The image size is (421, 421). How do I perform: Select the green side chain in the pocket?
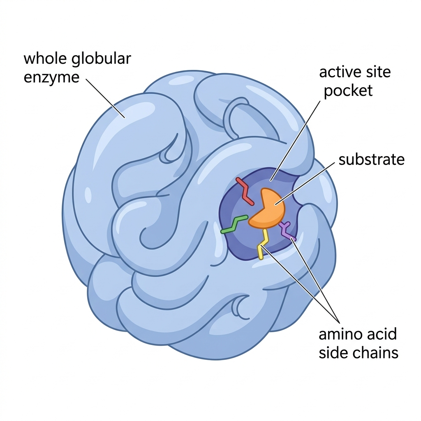pyautogui.click(x=234, y=224)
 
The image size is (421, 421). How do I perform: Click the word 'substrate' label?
pyautogui.click(x=371, y=160)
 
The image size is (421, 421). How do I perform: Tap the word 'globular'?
pyautogui.click(x=102, y=59)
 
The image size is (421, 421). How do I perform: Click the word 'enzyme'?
pyautogui.click(x=51, y=78)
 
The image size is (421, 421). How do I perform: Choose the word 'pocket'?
pyautogui.click(x=348, y=91)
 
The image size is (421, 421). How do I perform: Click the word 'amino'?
pyautogui.click(x=341, y=334)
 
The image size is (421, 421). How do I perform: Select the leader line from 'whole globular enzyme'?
pyautogui.click(x=105, y=99)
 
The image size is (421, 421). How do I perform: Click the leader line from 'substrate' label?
pyautogui.click(x=305, y=184)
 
